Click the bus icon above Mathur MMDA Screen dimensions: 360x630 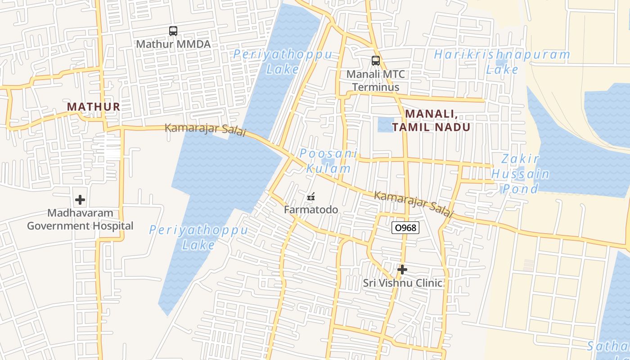[x=173, y=31]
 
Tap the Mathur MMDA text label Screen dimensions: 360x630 [x=173, y=44]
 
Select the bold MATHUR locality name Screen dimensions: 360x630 [x=94, y=107]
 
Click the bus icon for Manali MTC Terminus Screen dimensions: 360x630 [x=375, y=60]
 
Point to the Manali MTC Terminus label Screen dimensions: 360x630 [x=375, y=81]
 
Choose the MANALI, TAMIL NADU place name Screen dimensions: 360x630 [x=431, y=120]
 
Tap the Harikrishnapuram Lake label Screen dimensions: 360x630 [x=502, y=62]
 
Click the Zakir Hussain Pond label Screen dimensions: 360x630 [x=520, y=173]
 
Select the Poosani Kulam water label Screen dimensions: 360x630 [x=328, y=161]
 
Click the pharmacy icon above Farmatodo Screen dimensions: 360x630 [x=310, y=197]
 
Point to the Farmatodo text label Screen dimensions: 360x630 [x=311, y=210]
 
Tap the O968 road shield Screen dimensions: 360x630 [x=405, y=228]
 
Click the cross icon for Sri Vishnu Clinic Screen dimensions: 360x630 [x=402, y=270]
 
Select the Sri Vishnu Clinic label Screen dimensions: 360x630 [x=402, y=283]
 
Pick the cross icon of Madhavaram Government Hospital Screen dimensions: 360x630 [x=80, y=199]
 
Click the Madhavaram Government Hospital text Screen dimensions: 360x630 [x=80, y=219]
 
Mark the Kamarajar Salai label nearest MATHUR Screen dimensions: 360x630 [x=205, y=129]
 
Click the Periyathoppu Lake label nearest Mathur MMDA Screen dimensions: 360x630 [x=283, y=62]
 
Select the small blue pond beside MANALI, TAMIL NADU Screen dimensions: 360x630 [x=386, y=124]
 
